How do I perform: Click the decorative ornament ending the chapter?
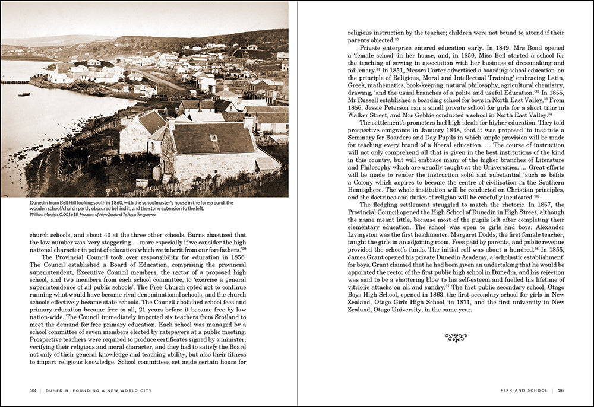456,338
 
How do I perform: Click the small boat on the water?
24,94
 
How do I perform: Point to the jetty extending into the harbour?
15,82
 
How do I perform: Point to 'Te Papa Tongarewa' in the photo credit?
156,214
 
